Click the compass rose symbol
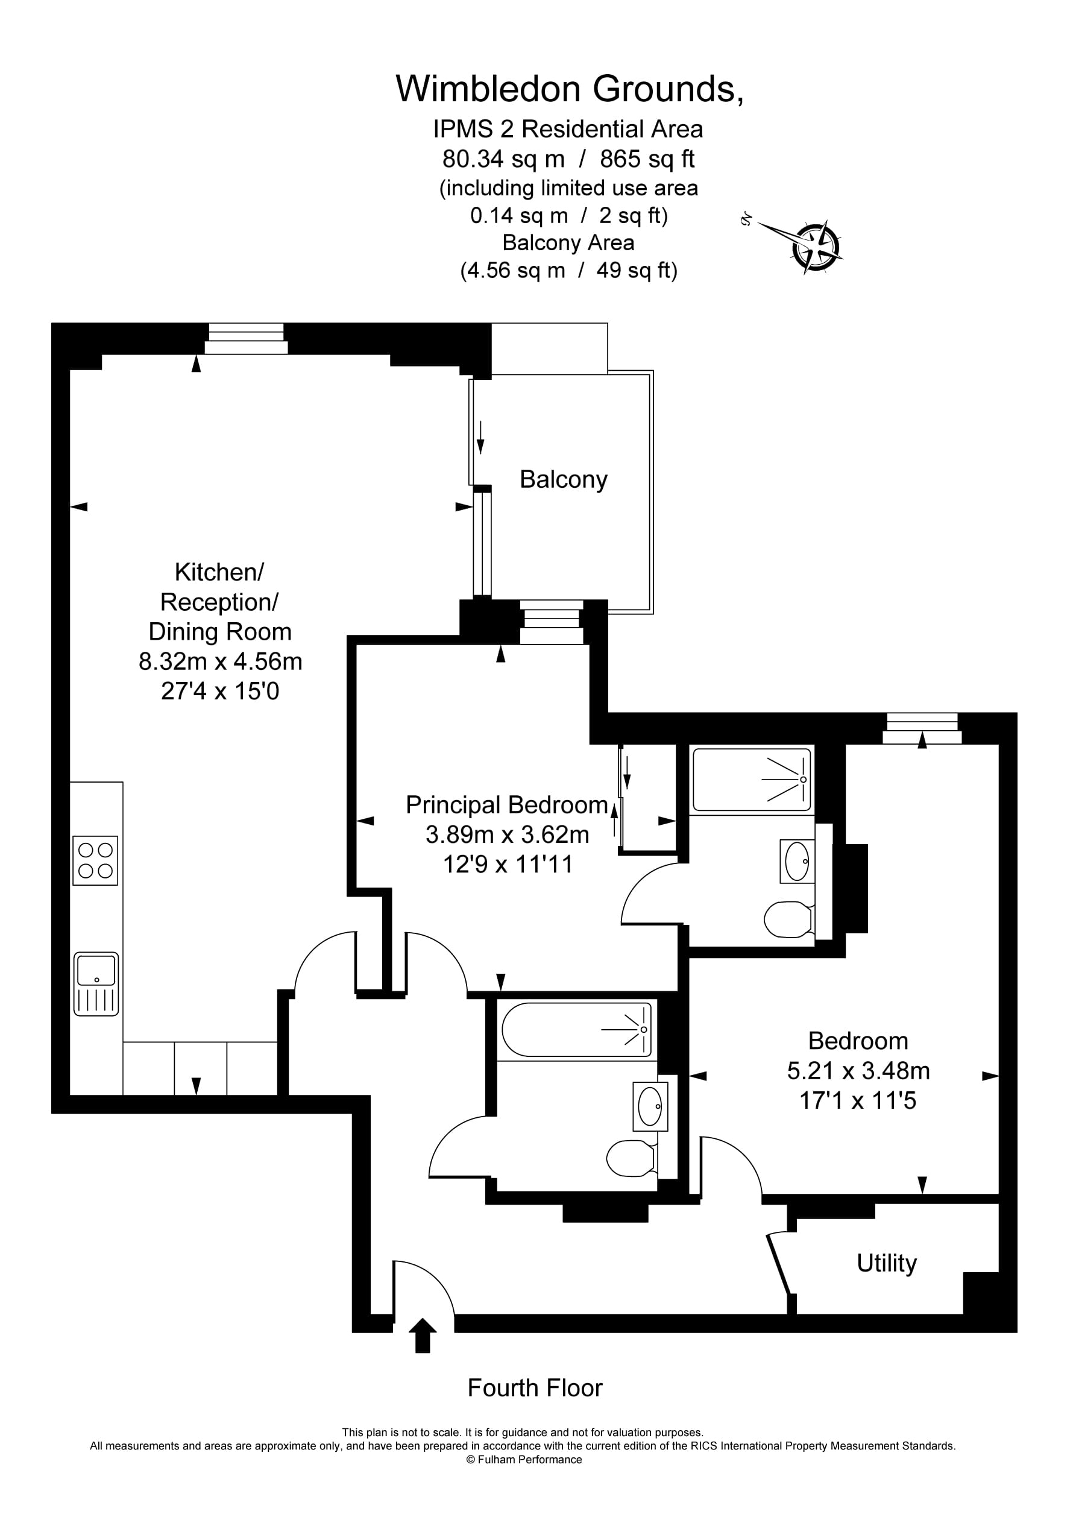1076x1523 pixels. tap(817, 248)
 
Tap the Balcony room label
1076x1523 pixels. tap(563, 479)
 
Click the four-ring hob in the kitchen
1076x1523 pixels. tap(95, 860)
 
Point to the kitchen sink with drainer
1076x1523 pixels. tap(96, 984)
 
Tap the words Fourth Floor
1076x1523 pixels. tap(535, 1388)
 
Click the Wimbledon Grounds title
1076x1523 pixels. tap(569, 89)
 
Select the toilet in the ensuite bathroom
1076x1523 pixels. tap(788, 919)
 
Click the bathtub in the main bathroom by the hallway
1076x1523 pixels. tap(576, 1029)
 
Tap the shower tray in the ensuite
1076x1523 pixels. tap(752, 780)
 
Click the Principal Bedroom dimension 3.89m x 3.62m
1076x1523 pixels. tap(508, 834)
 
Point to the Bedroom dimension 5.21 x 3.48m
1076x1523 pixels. tap(858, 1071)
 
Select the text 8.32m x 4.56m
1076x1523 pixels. tap(220, 661)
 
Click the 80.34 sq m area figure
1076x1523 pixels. tap(503, 159)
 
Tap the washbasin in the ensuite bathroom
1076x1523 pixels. tap(797, 861)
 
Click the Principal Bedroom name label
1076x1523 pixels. tap(507, 805)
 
